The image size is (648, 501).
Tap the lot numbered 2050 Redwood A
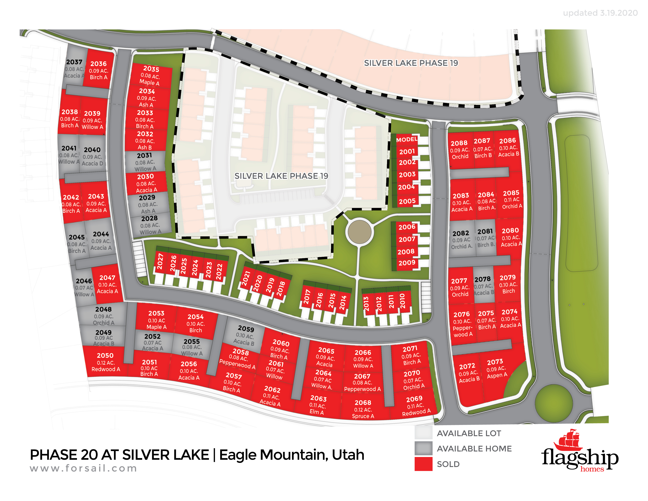[x=105, y=362]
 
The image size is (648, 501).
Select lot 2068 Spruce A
[x=363, y=409]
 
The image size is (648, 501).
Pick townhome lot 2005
[x=407, y=201]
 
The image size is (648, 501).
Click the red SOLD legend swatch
[x=423, y=464]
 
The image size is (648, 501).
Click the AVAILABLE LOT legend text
[x=469, y=433]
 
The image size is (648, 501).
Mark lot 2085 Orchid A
[x=511, y=199]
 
